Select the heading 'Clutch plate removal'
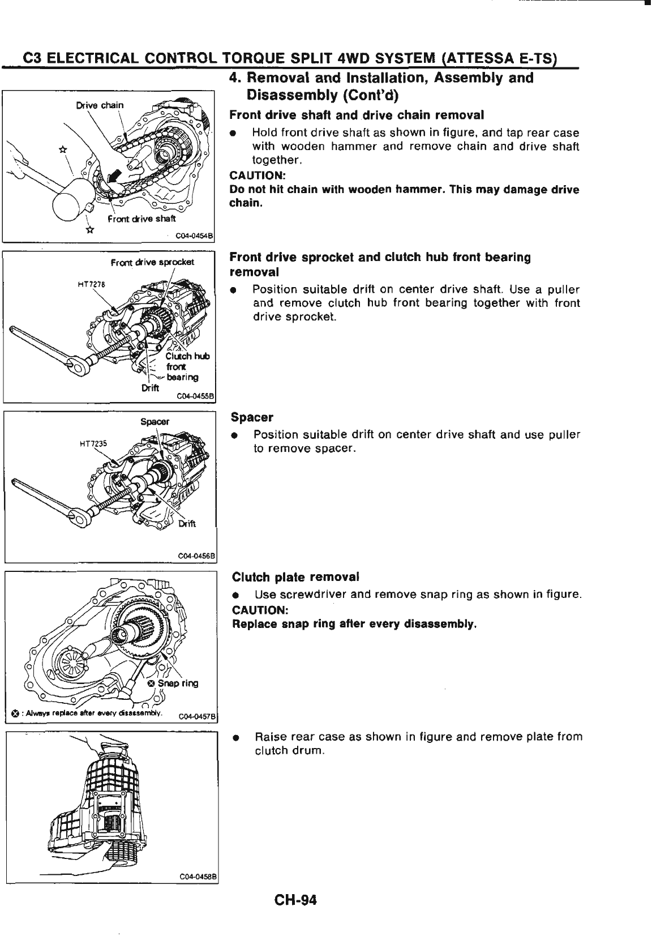(x=295, y=577)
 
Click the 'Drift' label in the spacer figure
(x=187, y=524)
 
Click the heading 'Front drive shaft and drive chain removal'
(x=357, y=116)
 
